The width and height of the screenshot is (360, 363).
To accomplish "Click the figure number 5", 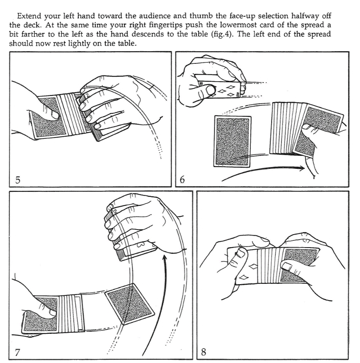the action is click(x=17, y=180).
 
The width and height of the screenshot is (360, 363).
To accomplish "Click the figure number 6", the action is click(x=182, y=180).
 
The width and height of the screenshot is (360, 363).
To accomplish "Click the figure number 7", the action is click(x=17, y=352).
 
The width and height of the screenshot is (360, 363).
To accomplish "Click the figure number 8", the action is click(x=203, y=352).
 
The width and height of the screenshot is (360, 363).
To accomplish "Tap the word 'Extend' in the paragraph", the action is click(x=29, y=16).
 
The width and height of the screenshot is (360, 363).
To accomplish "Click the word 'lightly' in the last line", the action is click(x=80, y=43).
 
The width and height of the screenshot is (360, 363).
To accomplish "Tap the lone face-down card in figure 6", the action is click(x=232, y=141).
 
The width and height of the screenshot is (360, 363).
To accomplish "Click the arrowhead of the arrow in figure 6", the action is click(x=302, y=168).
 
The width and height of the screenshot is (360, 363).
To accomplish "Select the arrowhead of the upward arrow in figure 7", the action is click(x=165, y=258).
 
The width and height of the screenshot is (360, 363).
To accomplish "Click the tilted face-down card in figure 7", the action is click(x=130, y=304).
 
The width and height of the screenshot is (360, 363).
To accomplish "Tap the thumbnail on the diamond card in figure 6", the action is click(x=210, y=90).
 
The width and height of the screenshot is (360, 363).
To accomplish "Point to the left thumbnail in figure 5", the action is click(x=55, y=115).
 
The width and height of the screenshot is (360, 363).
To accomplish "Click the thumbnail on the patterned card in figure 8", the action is click(x=287, y=266).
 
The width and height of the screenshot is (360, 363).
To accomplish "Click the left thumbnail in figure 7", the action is click(x=52, y=313).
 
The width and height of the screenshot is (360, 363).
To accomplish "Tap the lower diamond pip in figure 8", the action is click(x=244, y=277).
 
